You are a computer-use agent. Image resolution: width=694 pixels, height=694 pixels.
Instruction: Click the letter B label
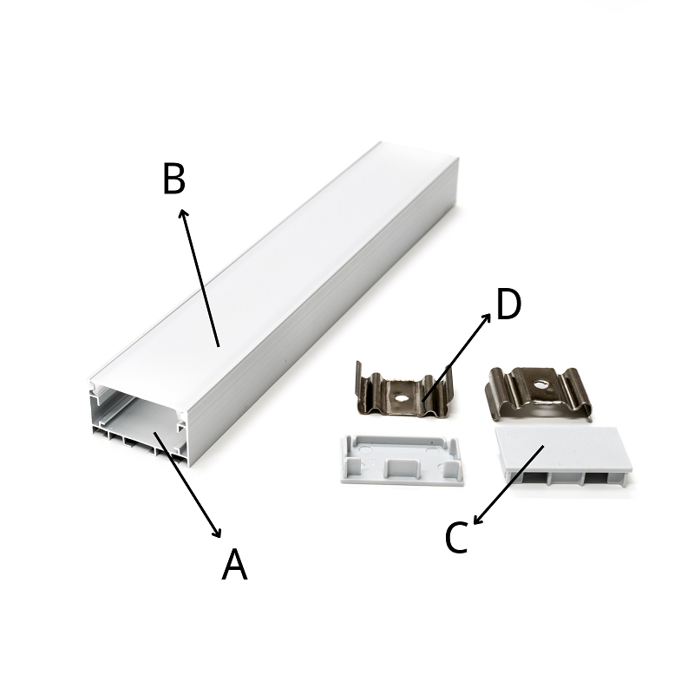coord(174,179)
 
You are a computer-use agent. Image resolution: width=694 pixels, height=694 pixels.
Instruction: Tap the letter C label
coord(457,537)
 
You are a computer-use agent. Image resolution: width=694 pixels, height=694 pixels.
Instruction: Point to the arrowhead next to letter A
coord(218,534)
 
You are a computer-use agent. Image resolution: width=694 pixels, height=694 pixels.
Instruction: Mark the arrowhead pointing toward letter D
coord(487,317)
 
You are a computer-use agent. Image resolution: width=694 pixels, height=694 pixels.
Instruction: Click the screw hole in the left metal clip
coord(401,397)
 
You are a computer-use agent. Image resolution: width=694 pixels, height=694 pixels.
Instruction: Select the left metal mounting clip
coord(402,391)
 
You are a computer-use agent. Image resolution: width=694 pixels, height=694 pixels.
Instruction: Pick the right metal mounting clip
coord(539,393)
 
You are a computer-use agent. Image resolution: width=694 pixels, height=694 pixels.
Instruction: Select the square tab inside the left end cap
coord(403,468)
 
